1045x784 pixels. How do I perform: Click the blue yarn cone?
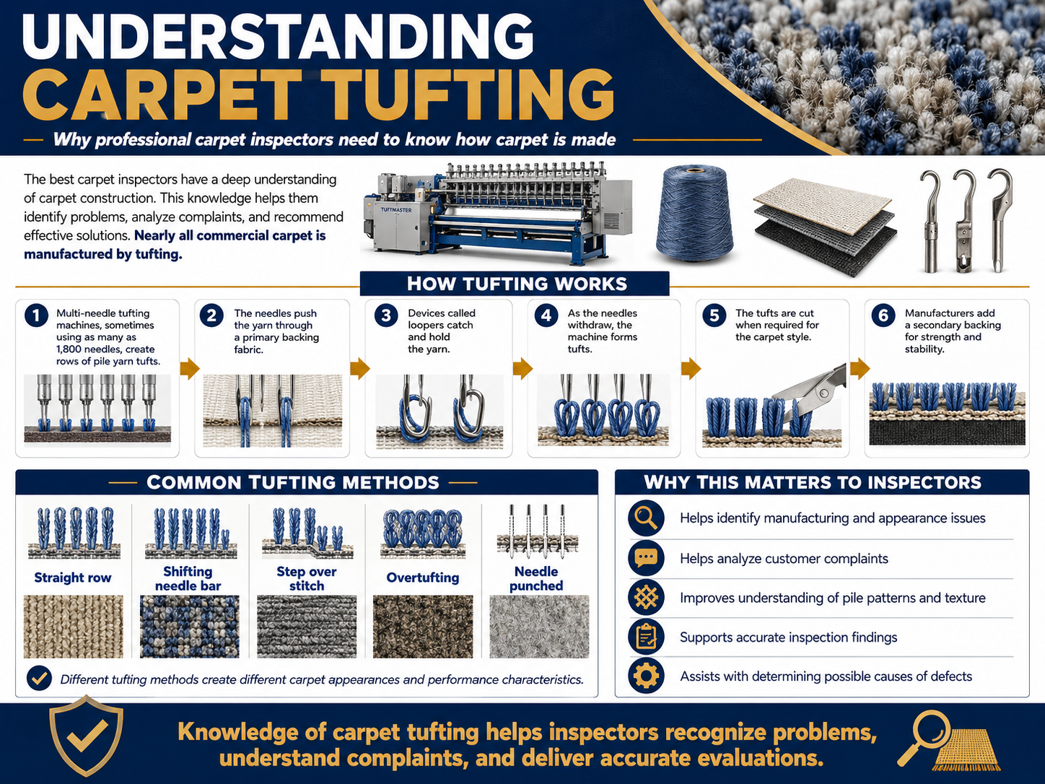[695, 214]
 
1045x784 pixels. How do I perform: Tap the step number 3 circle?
[386, 315]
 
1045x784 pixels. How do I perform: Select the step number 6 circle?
[883, 315]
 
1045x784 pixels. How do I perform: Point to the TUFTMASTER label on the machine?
[396, 210]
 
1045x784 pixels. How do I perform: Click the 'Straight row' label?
[73, 578]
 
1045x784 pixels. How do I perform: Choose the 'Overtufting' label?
[423, 578]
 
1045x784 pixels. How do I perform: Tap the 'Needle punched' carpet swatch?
[539, 627]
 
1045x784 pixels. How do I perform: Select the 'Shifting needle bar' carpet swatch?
[190, 627]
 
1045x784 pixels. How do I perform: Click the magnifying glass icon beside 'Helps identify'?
[646, 518]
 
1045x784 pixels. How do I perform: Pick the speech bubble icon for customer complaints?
[646, 558]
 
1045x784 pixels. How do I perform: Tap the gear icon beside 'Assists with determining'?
[646, 676]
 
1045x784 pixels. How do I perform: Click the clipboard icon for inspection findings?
[646, 637]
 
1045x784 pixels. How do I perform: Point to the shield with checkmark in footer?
[86, 736]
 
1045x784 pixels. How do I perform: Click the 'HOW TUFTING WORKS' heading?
[517, 284]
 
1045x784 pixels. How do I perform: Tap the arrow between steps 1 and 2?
[190, 368]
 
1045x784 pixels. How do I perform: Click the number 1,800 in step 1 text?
[72, 349]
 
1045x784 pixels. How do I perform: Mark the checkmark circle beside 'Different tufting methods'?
[40, 679]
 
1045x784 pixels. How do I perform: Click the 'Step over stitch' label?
[307, 578]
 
